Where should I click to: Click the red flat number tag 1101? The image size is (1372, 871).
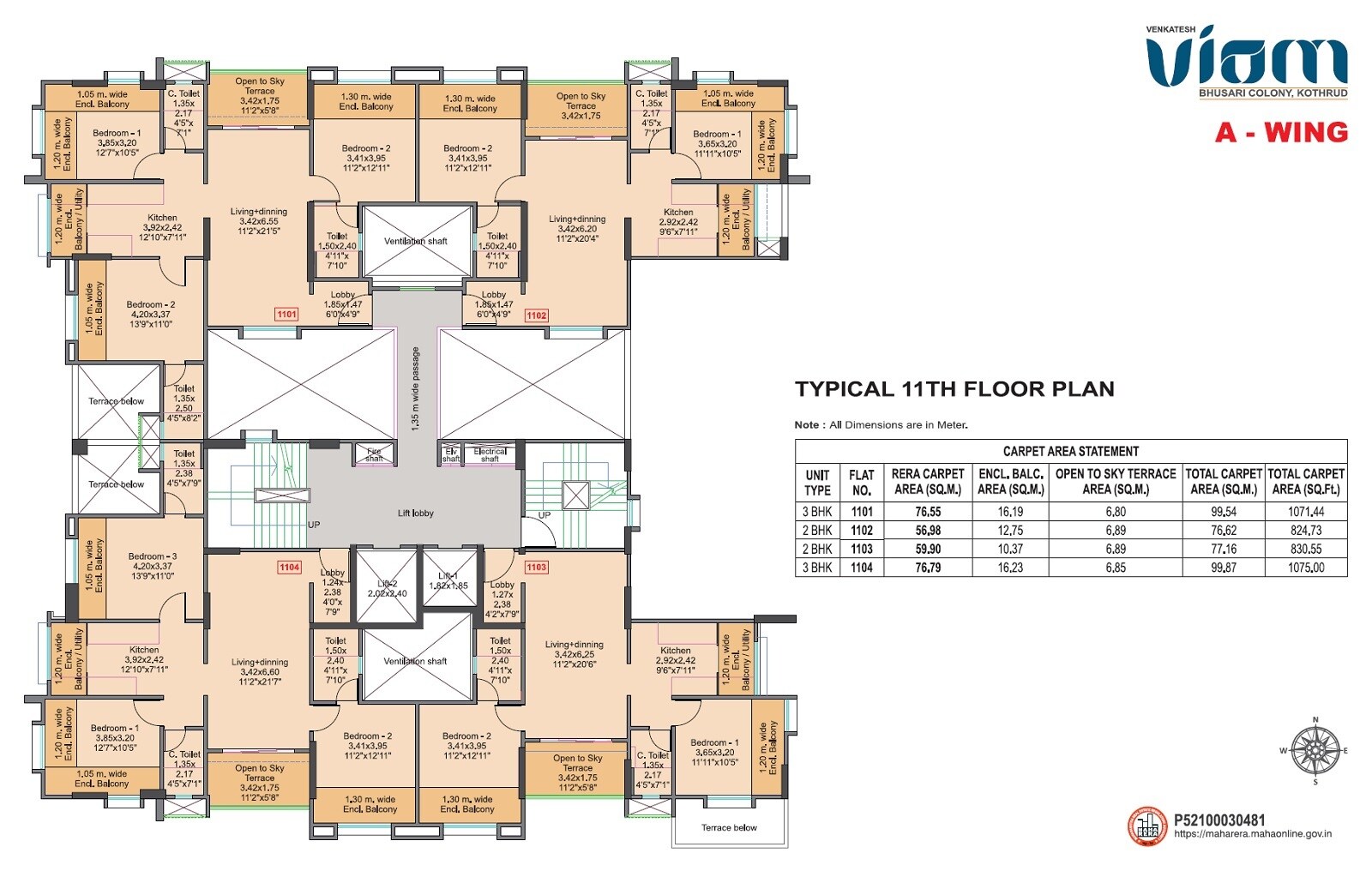click(286, 315)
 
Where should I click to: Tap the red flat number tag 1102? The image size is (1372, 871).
click(537, 315)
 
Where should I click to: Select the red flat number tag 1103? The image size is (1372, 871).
click(537, 567)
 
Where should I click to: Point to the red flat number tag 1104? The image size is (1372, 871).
click(290, 567)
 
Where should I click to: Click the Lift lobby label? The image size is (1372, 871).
click(415, 514)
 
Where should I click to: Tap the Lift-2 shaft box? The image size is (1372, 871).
click(386, 587)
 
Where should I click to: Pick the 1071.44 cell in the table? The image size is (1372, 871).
click(1306, 512)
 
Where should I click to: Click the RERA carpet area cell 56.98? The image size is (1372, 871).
click(928, 531)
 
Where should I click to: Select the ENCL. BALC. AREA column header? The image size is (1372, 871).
click(1011, 481)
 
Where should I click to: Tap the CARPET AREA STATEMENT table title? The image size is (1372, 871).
click(1070, 451)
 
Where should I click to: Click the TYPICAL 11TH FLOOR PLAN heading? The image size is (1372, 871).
click(954, 389)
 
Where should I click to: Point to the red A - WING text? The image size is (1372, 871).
click(1281, 132)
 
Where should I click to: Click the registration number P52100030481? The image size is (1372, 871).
click(1219, 820)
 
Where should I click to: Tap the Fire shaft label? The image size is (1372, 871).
click(375, 454)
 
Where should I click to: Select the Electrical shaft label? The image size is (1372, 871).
click(490, 454)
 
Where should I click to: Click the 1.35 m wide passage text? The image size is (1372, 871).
click(416, 387)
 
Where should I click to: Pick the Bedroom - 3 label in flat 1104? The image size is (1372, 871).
click(152, 556)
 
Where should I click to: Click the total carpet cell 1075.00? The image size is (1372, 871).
click(1306, 568)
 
